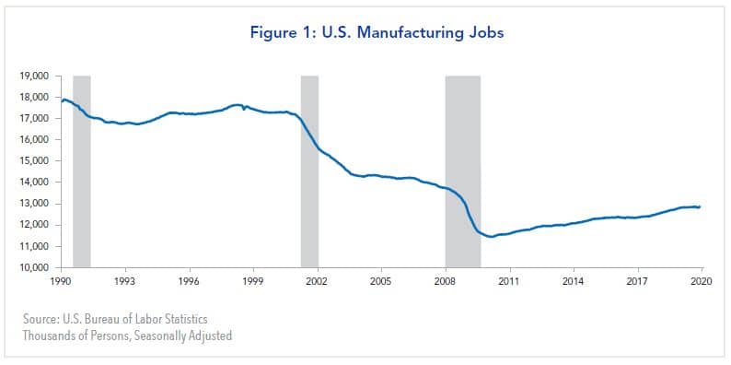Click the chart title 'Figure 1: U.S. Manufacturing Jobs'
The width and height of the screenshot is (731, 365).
click(365, 32)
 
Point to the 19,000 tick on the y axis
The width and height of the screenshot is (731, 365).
click(35, 76)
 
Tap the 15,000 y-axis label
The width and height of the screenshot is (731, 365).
click(35, 161)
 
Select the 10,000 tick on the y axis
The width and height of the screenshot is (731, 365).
click(35, 268)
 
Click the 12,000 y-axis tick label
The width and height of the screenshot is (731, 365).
click(35, 226)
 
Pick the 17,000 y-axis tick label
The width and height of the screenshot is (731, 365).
click(35, 119)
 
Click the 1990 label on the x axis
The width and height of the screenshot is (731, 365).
click(61, 280)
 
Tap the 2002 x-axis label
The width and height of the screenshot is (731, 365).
click(318, 280)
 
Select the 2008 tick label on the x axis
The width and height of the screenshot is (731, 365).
click(446, 280)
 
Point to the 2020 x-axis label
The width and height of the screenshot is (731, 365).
click(702, 280)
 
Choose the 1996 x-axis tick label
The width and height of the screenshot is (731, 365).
click(189, 280)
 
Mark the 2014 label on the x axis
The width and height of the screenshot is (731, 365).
click(574, 280)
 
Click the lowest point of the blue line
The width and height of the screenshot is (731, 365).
click(492, 237)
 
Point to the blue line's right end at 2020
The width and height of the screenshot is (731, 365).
click(701, 206)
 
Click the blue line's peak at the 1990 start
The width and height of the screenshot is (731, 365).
click(64, 99)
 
